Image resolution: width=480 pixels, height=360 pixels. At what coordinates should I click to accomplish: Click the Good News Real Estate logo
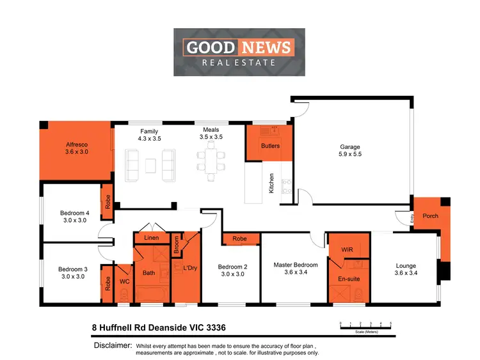pyautogui.click(x=238, y=52)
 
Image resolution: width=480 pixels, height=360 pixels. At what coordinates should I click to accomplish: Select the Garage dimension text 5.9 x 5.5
pyautogui.click(x=350, y=154)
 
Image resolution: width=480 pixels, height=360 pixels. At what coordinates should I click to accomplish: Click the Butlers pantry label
pyautogui.click(x=270, y=146)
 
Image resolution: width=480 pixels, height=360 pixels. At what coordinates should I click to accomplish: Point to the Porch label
pyautogui.click(x=431, y=215)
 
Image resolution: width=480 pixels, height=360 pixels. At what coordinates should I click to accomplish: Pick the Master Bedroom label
pyautogui.click(x=296, y=265)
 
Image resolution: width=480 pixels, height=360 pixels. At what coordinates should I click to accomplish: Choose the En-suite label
pyautogui.click(x=349, y=279)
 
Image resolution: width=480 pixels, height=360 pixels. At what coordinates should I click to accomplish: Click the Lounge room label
pyautogui.click(x=406, y=266)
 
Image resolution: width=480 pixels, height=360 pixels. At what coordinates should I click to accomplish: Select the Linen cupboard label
pyautogui.click(x=152, y=238)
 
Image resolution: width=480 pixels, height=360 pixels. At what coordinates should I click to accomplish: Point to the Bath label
pyautogui.click(x=148, y=273)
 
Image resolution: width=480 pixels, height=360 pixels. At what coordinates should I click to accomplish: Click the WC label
pyautogui.click(x=126, y=281)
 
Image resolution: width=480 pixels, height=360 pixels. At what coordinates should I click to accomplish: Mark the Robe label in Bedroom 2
pyautogui.click(x=240, y=239)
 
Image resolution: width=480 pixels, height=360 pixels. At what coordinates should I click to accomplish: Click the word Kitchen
pyautogui.click(x=271, y=184)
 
